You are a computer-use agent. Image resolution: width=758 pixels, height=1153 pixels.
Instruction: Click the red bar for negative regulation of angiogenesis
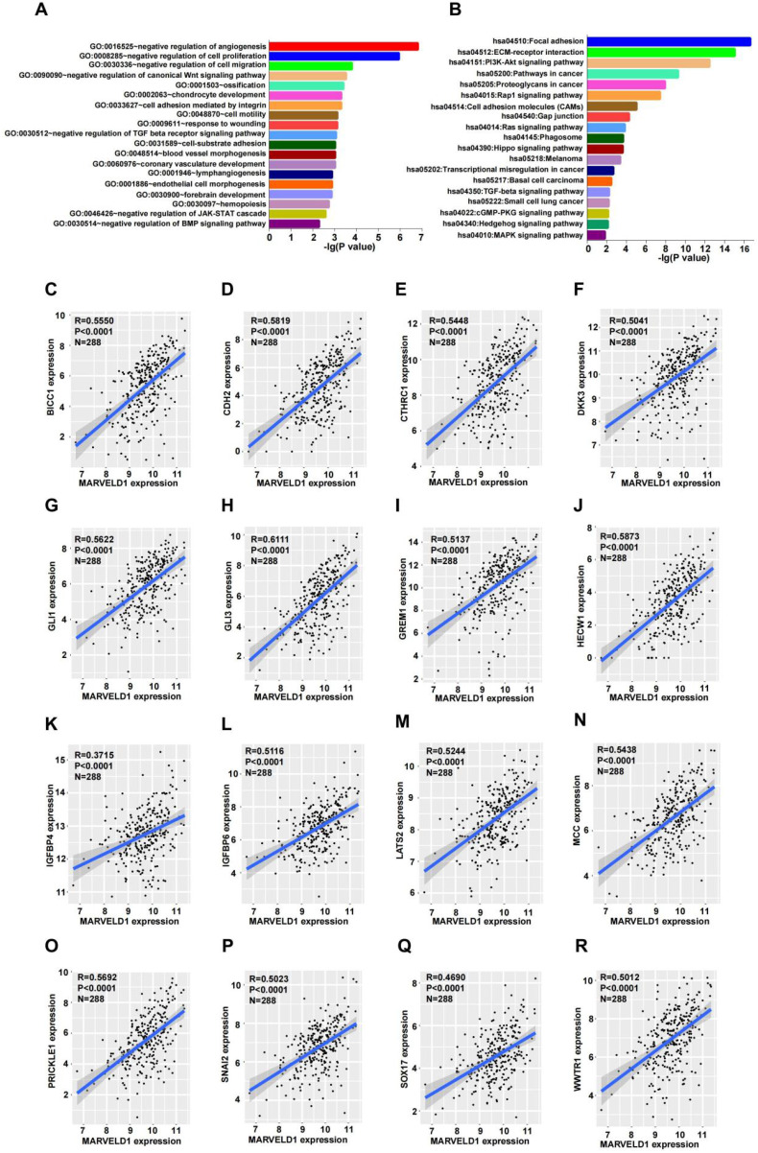click(343, 45)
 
